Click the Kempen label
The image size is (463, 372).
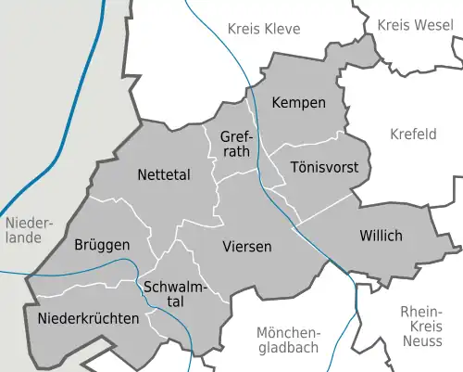(298, 103)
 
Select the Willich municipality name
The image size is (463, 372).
(381, 236)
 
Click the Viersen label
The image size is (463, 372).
(247, 247)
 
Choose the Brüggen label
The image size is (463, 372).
(102, 246)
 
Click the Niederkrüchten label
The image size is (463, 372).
(89, 318)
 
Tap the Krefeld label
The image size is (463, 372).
(413, 135)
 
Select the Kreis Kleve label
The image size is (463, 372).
(264, 30)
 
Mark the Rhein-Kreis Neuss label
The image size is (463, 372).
(422, 326)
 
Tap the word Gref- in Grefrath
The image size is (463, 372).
(236, 137)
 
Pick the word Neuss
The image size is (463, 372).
(422, 341)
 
